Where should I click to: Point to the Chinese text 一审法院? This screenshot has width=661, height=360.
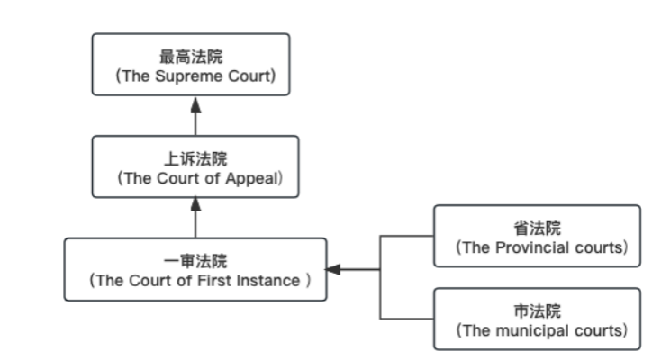click(195, 261)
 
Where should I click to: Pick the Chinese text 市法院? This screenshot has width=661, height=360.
click(537, 311)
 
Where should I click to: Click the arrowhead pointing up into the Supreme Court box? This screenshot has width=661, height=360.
click(195, 102)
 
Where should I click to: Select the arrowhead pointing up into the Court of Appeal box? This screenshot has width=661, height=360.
click(195, 204)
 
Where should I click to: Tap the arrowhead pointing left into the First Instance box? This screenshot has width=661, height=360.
click(332, 269)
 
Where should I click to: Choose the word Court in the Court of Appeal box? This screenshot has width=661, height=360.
click(178, 178)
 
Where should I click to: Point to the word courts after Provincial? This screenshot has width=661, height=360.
click(598, 247)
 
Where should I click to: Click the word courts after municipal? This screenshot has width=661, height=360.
click(598, 330)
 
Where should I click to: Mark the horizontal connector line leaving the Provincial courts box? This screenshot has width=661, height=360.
click(406, 236)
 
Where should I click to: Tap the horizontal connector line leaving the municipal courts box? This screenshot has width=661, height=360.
click(406, 319)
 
